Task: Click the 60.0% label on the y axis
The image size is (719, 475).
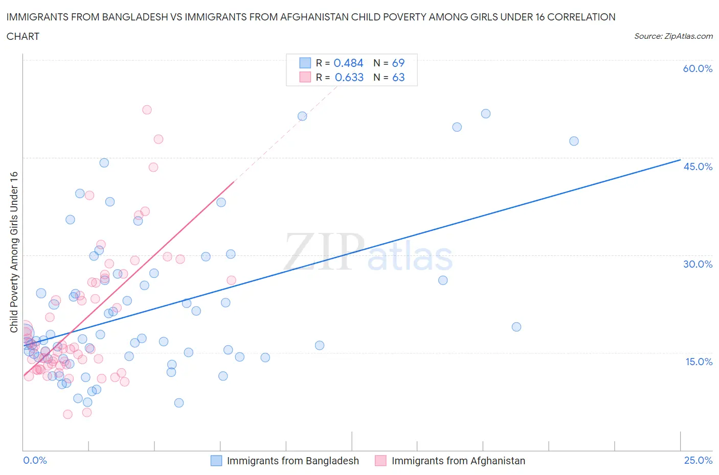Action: tap(698, 68)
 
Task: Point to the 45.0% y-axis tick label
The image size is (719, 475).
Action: tap(698, 167)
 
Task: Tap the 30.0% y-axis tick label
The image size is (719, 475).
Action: tap(698, 264)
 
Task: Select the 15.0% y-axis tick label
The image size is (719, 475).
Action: tap(698, 362)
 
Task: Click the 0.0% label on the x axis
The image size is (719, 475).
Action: tap(35, 460)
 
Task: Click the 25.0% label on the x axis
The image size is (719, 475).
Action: tap(698, 460)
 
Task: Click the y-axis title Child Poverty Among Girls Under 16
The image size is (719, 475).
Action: tap(14, 252)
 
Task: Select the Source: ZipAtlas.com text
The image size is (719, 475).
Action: tap(673, 36)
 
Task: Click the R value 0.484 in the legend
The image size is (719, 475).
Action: tap(348, 63)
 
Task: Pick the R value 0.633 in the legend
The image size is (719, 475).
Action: tap(349, 77)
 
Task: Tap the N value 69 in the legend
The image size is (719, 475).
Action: tap(398, 63)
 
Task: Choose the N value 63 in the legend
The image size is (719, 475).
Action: tap(398, 77)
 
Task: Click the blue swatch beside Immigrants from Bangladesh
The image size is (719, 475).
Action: tap(216, 461)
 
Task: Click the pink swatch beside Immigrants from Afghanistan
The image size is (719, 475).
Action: tap(380, 461)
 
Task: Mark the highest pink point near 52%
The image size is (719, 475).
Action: tap(147, 110)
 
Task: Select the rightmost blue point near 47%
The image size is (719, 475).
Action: tap(574, 141)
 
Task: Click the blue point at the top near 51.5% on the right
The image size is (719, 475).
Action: tap(486, 114)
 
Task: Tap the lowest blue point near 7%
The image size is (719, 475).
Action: tap(179, 402)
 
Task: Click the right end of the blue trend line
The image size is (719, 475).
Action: tap(680, 160)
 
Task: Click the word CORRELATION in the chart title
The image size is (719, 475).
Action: tap(581, 17)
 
